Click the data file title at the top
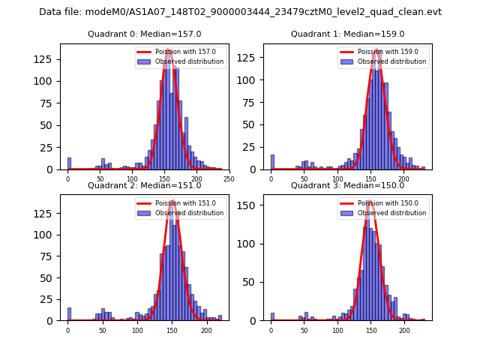240,12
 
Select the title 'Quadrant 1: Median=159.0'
347,34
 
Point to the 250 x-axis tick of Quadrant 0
229,179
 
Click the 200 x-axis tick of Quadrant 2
206,330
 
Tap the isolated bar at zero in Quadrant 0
69,164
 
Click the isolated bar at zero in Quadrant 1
272,162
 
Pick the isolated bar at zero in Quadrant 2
69,314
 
